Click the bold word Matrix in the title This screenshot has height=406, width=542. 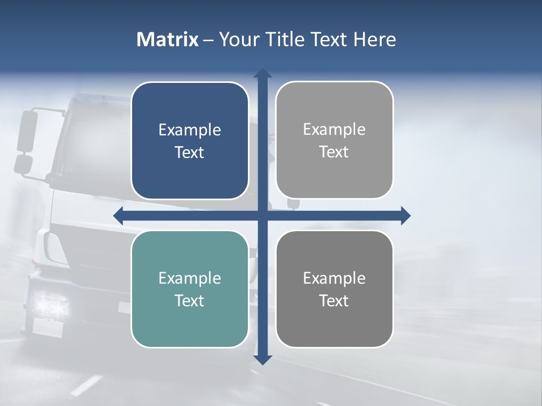[168, 39]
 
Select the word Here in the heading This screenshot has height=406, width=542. [375, 39]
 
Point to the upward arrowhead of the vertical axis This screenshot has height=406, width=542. [263, 73]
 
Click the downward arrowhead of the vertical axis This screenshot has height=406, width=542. [263, 359]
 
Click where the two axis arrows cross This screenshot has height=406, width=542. [263, 215]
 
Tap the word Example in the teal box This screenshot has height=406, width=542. [190, 278]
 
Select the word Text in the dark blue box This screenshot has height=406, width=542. [190, 153]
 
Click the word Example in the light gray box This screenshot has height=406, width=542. [334, 130]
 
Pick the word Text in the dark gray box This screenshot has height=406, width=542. [334, 301]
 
